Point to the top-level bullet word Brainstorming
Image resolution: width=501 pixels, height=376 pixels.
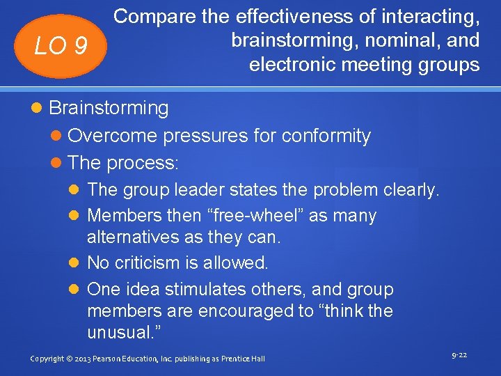point(109,108)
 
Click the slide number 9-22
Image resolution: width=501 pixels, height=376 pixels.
point(459,356)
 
